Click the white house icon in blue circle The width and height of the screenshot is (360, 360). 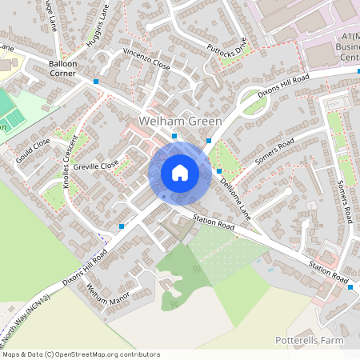coord(180,173)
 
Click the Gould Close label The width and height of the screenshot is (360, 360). coord(32,150)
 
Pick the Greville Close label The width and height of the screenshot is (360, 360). coord(95,167)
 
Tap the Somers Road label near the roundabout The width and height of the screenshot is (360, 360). coord(274,151)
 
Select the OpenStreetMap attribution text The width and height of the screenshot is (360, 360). coord(81,354)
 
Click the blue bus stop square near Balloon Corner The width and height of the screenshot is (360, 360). coord(96,82)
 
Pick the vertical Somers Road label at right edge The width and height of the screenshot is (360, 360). coord(348,201)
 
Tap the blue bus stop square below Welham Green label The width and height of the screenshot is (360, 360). coord(174,137)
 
